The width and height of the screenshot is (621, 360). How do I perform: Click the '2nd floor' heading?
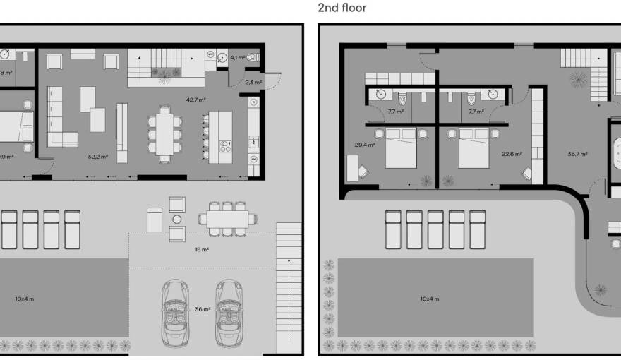(342, 8)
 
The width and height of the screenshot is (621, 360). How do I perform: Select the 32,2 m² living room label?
(97, 157)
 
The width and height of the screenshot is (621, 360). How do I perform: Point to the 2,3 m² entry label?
(253, 83)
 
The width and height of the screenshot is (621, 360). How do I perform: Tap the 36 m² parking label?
(202, 309)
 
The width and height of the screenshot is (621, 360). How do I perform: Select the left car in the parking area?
(174, 311)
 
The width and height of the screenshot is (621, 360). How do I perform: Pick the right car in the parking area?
(229, 311)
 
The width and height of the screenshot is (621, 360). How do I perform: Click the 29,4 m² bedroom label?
(364, 145)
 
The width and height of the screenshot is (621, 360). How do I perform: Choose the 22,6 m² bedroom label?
(511, 154)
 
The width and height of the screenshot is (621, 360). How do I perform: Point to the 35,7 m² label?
(578, 154)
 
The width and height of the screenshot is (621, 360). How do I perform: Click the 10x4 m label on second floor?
(430, 299)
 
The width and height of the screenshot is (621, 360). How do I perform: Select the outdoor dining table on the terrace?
(227, 219)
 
